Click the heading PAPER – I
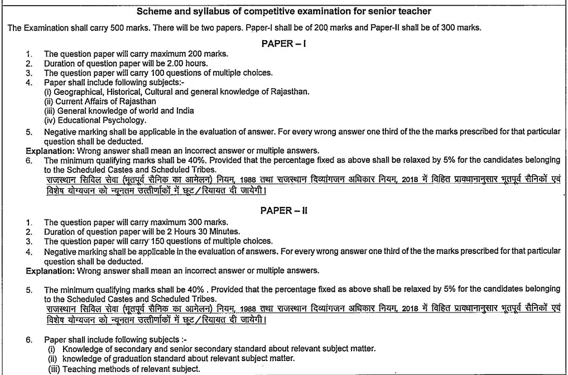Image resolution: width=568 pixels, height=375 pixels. [x=283, y=44]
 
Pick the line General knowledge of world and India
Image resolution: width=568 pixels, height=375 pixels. [x=119, y=110]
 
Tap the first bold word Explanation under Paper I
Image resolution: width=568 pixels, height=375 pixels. [x=48, y=150]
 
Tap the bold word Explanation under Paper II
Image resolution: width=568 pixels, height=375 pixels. [x=48, y=271]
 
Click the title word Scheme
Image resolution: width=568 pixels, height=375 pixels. [x=153, y=11]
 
